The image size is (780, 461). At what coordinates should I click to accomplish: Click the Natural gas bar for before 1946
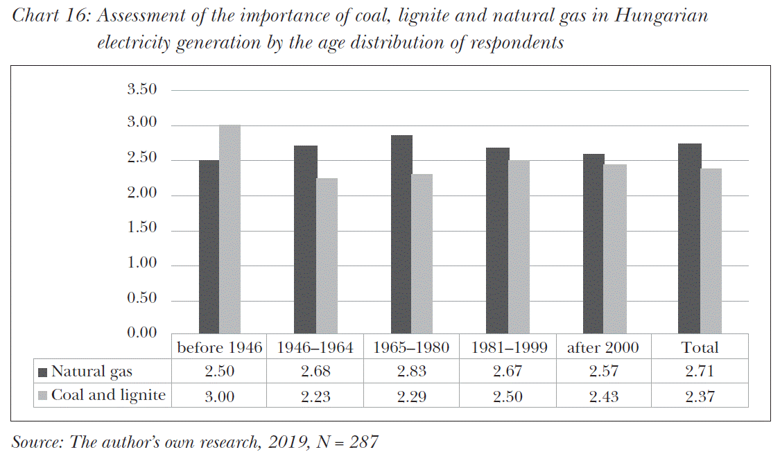209,247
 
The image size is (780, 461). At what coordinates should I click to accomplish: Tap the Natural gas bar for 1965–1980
401,235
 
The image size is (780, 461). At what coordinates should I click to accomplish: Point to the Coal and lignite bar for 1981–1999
519,247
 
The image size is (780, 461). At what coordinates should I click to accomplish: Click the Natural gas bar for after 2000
593,244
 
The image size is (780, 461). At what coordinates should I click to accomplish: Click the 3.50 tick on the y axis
142,89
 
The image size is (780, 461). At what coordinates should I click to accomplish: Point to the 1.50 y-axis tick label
142,229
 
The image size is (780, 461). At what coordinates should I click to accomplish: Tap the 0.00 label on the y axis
142,333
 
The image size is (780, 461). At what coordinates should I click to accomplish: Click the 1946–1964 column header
315,347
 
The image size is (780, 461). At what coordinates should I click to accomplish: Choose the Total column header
700,347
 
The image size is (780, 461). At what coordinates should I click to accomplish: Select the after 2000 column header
603,347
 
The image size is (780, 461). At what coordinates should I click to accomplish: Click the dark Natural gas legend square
42,372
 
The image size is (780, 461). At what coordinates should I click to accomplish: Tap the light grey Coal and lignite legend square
42,396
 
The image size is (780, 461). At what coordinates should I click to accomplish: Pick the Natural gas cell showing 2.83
412,372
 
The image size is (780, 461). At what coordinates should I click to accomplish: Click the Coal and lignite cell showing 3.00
220,396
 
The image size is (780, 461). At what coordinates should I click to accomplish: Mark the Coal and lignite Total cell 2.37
700,396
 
